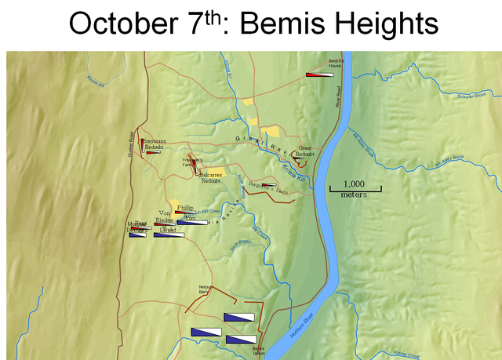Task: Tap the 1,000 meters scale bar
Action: click(355, 189)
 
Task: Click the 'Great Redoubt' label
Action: click(305, 150)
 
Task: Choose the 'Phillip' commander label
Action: click(185, 208)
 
